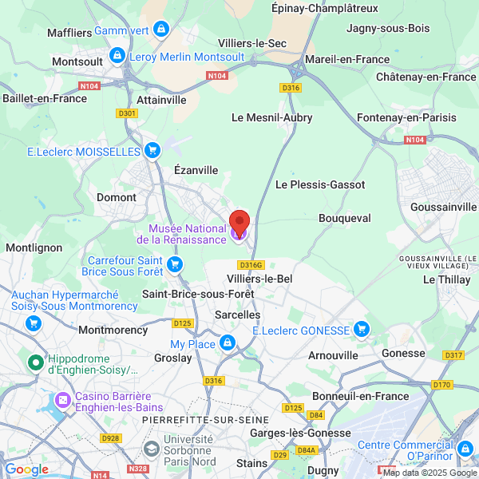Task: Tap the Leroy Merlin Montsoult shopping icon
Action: [117, 56]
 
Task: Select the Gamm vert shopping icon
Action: [162, 30]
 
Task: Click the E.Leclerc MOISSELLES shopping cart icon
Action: [152, 150]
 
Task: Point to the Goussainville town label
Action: [442, 206]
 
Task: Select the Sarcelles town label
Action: [238, 315]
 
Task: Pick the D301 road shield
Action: [127, 113]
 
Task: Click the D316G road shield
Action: [250, 265]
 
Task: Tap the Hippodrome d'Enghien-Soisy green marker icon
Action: [36, 364]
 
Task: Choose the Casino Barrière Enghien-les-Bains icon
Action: [62, 398]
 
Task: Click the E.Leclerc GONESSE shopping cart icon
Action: [362, 329]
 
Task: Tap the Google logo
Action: [26, 469]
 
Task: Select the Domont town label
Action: [116, 197]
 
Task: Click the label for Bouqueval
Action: [344, 217]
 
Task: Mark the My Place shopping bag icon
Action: [228, 343]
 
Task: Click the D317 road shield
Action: [453, 355]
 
